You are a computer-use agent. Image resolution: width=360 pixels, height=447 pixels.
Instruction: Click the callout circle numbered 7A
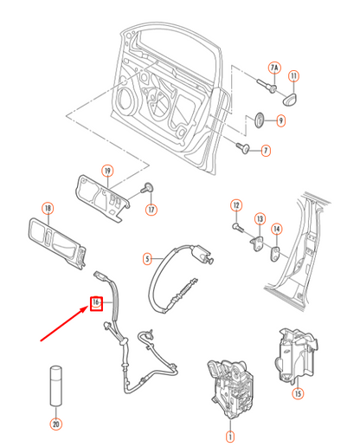(x=274, y=67)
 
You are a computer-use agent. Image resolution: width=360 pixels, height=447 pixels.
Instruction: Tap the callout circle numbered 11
(x=293, y=77)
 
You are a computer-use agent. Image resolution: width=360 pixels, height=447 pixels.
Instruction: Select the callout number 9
(x=280, y=120)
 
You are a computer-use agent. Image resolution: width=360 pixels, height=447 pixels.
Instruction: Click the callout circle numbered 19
(x=108, y=170)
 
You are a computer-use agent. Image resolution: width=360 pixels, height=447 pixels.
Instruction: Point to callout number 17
(x=151, y=209)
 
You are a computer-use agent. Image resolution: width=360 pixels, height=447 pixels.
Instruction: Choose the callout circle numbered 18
(x=48, y=208)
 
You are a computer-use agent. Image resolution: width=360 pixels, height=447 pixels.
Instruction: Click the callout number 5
(x=147, y=258)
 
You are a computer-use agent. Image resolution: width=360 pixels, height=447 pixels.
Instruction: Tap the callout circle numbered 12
(x=235, y=205)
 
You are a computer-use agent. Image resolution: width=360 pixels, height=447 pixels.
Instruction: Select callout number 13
(x=259, y=219)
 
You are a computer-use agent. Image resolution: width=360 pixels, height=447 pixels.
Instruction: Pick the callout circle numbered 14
(x=277, y=230)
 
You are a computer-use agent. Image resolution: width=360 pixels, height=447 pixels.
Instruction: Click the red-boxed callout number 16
(x=97, y=303)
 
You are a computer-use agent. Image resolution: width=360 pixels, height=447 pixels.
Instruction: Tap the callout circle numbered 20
(x=55, y=424)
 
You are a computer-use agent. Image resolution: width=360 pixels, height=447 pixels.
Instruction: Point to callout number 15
(x=298, y=393)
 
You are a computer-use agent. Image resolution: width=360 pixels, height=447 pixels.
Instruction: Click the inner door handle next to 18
(x=56, y=243)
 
